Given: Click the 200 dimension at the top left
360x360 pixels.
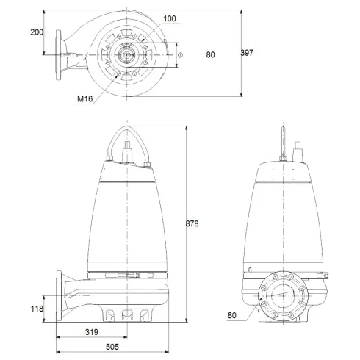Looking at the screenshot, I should (x=37, y=33).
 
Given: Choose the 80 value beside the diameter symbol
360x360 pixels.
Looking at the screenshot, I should (x=212, y=53).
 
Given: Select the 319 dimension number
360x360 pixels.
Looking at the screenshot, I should (x=92, y=332).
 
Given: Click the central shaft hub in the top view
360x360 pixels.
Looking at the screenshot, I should (x=128, y=54).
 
